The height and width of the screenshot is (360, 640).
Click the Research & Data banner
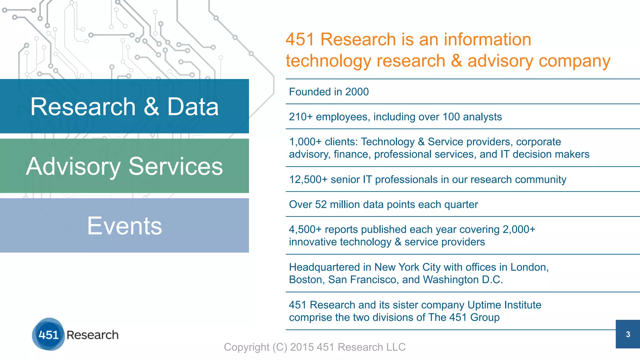coord(124,106)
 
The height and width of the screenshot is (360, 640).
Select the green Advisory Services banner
coord(124,166)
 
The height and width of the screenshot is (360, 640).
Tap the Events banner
coord(124,225)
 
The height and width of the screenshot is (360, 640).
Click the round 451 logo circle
coord(48,334)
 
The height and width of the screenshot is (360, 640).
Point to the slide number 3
coord(628,334)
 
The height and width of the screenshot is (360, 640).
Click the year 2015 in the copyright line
coord(302,347)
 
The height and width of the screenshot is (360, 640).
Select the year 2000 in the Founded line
coord(357,92)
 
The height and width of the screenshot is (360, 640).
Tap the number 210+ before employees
coord(301,117)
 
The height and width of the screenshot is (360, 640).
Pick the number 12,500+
coord(308,180)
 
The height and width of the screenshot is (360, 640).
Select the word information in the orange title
coord(487,40)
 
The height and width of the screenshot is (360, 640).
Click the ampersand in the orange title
coord(456,61)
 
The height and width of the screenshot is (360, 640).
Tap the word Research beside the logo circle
coord(92,335)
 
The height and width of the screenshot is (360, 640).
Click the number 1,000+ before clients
coord(305,142)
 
